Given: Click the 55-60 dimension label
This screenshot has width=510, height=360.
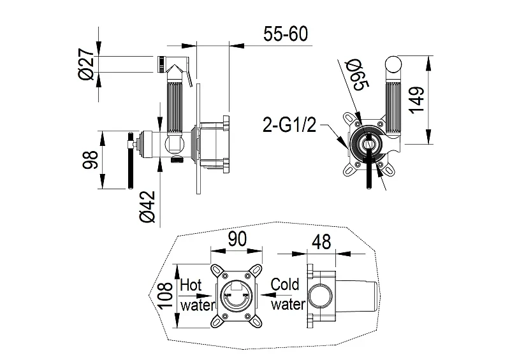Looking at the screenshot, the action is pos(285,34).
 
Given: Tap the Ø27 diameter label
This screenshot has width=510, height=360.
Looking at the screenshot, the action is pos(86,64).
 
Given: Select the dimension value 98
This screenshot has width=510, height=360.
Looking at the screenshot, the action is pos(90,159).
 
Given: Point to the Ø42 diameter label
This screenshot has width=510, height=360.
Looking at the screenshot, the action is pos(147,206).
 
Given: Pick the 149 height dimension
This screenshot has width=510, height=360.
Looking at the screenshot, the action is pos(417,100).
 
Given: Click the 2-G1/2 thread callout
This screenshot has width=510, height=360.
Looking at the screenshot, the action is pos(289,124).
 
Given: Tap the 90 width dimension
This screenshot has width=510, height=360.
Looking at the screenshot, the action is pos(237,239).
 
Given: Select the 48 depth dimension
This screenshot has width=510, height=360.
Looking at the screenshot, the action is pos(321,241).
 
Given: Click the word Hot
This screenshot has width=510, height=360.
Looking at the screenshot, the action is pos(191,285).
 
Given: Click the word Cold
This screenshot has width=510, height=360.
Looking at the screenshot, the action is pos(285,284).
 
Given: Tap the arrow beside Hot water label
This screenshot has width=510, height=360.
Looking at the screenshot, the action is pos(196,296).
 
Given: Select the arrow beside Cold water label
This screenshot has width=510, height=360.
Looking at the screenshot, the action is pos(273,295).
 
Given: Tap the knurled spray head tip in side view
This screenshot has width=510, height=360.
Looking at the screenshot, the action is pos(161,64).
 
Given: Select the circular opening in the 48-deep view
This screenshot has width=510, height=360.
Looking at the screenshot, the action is pos(321,296).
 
